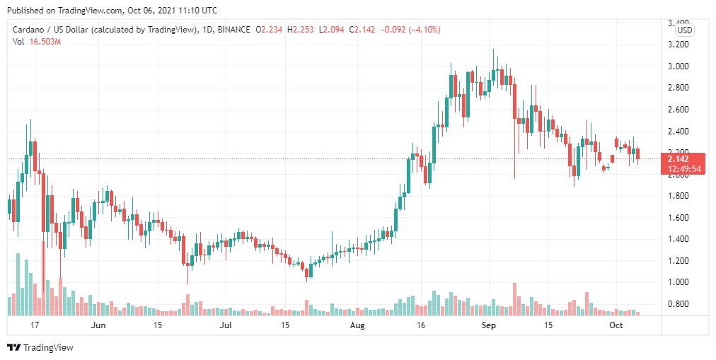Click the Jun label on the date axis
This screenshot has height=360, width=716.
pos(98,325)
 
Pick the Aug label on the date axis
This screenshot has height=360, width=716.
pos(358,325)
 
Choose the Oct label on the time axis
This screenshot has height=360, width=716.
pos(616,325)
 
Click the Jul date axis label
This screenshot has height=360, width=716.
pos(226,325)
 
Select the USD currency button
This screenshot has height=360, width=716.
pos(684,30)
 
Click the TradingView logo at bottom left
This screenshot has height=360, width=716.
pos(40,347)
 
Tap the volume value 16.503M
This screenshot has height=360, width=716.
pos(44,42)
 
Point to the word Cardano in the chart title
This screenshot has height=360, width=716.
pos(29,30)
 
